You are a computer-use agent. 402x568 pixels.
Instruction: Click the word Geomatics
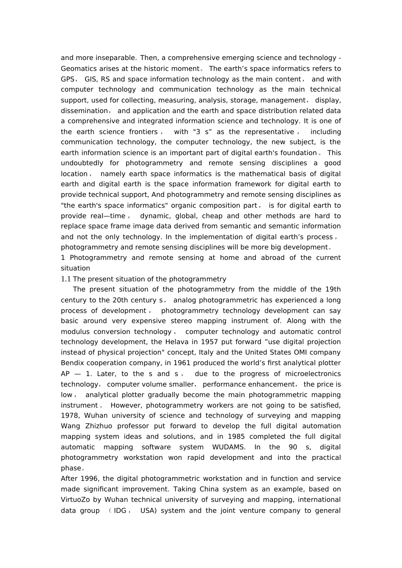coord(77,68)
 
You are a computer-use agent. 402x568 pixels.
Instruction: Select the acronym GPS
coord(68,79)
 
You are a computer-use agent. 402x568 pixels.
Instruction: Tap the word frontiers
coord(141,132)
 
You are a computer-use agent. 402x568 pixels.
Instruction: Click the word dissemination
coord(84,111)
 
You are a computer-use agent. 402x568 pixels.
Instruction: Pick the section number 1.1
coord(66,279)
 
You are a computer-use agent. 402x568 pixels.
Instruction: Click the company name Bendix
coord(73,363)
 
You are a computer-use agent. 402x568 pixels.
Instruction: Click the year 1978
coord(69,416)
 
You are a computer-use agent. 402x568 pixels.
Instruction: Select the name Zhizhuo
coord(98,426)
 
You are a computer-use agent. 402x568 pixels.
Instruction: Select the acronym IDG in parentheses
coord(120,511)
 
